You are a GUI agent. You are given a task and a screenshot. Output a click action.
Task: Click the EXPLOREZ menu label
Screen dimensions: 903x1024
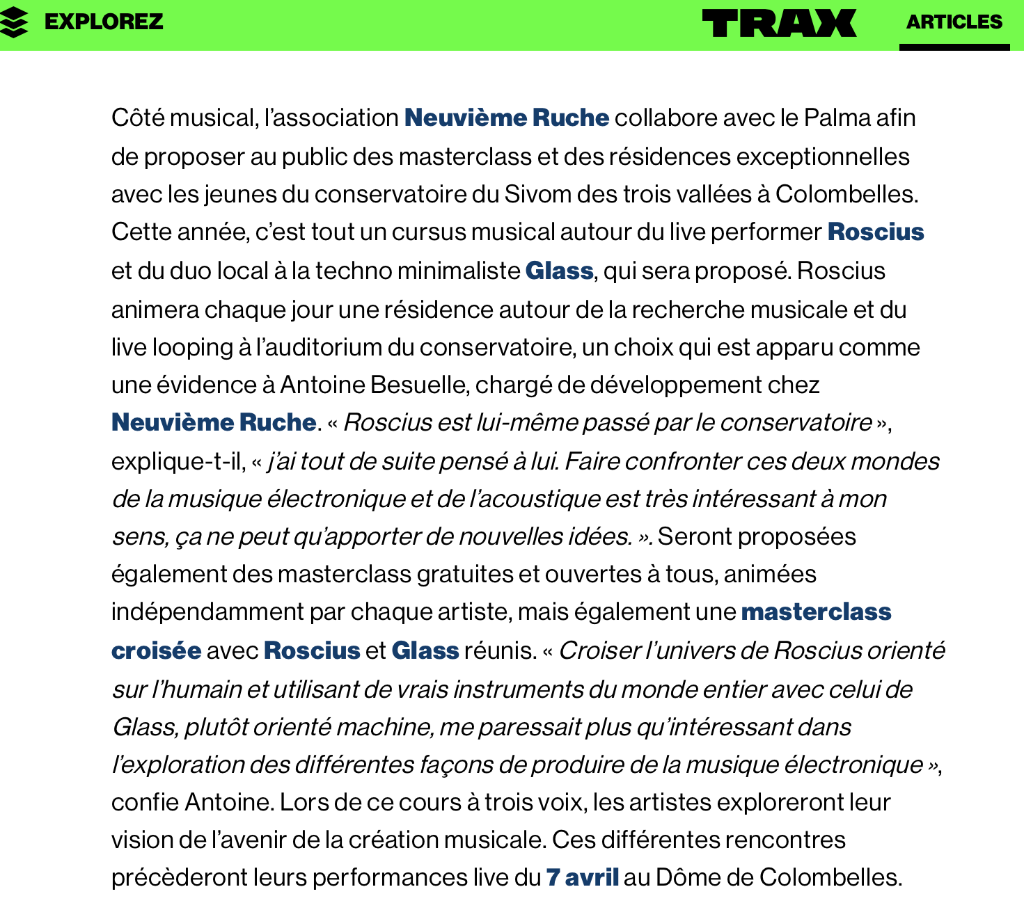104,22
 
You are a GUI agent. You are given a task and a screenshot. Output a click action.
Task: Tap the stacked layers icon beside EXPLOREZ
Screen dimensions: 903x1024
15,23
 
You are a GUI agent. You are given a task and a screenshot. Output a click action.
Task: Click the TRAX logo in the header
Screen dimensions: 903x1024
779,23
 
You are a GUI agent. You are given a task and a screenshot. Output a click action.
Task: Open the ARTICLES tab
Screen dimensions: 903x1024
954,22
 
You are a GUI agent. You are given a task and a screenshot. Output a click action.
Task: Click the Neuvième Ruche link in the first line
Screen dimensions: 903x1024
506,118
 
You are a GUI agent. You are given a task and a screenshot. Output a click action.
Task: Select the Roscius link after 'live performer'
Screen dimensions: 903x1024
875,232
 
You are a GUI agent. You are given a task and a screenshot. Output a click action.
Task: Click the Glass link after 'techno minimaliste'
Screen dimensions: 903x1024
559,271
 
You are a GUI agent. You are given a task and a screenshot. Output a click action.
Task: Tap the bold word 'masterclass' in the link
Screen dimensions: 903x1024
816,612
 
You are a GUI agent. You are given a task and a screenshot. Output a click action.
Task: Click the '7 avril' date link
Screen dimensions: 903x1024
582,877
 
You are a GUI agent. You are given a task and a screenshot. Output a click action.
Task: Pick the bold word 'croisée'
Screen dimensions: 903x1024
156,650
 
